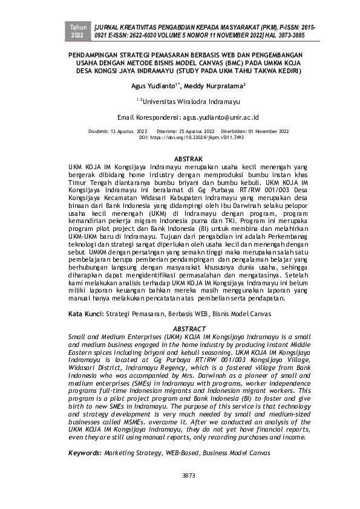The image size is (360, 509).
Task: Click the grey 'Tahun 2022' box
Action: tap(78, 32)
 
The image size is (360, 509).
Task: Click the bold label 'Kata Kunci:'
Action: tap(86, 314)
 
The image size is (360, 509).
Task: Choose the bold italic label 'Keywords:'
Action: tap(85, 452)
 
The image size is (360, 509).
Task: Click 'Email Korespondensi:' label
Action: tap(149, 115)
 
